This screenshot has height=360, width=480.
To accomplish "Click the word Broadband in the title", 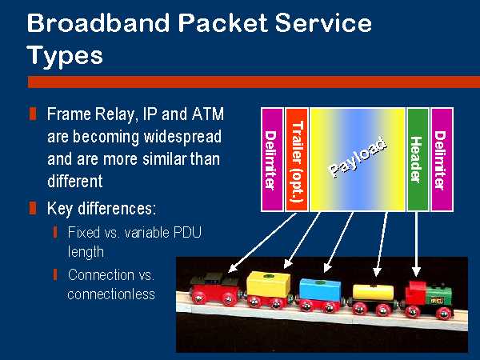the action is pos(98,22).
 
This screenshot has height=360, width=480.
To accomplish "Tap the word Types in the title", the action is pos(65,56).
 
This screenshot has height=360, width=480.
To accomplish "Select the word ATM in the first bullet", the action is pos(208,114).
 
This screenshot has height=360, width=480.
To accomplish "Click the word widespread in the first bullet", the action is pos(182,137).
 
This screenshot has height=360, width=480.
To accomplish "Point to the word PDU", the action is pos(187,233).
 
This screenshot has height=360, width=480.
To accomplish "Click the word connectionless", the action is pos(111,294).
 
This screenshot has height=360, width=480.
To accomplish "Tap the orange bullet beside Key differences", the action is pos(33,208).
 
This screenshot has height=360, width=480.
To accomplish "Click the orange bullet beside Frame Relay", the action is pos(33,114).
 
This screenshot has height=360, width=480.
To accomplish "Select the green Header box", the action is pos(418,159).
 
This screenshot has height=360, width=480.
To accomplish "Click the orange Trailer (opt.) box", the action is pos(297,159).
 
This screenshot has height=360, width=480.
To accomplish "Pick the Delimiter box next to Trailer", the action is pos(272,159).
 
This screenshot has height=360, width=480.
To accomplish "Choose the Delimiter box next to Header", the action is pos(442,159).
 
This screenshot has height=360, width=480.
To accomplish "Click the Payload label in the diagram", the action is pos(358,157).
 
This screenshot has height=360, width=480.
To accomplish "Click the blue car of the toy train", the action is pos(319,294).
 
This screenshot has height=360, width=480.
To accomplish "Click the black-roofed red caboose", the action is pos(215,290).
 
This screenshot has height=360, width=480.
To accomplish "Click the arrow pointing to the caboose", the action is pos(262,242).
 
